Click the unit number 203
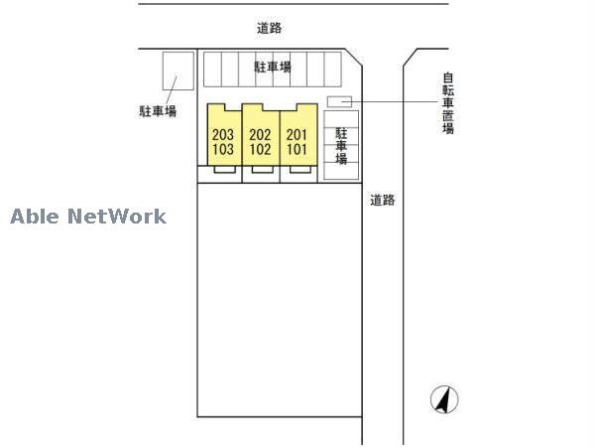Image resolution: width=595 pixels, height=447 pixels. (x=223, y=135)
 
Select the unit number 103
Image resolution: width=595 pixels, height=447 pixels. (x=223, y=149)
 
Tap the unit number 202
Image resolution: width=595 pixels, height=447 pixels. (x=260, y=135)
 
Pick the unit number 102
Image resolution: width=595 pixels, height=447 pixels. (x=260, y=149)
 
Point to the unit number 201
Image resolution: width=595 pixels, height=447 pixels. (x=297, y=135)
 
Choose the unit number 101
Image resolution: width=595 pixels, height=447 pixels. (x=297, y=149)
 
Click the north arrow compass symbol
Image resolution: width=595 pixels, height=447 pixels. (x=444, y=399)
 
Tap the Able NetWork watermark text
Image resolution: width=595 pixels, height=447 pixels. (x=88, y=217)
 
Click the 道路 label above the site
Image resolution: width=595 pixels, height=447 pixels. (x=269, y=28)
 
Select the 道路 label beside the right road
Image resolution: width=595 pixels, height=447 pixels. (x=383, y=200)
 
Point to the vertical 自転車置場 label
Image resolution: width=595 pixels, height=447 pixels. (x=448, y=103)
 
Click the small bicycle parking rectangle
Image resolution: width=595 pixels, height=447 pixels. (x=339, y=101)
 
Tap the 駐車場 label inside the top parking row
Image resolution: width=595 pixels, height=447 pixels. (x=273, y=67)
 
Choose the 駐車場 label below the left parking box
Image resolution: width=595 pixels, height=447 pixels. (x=158, y=111)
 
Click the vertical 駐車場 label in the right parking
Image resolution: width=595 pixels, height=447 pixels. (x=341, y=146)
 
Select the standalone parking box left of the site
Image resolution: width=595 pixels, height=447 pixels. (x=178, y=72)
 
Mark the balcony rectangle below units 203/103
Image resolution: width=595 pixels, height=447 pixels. (x=224, y=170)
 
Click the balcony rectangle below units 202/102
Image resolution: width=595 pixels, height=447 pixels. (x=262, y=170)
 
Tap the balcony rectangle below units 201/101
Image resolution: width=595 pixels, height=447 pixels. (x=300, y=170)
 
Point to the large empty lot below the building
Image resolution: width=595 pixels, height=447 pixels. (x=280, y=300)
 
